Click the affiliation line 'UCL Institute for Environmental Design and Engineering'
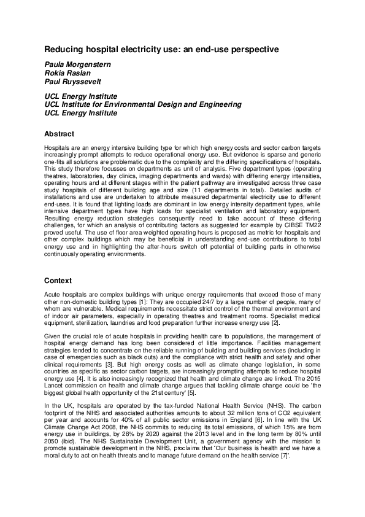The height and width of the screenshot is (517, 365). coord(143,105)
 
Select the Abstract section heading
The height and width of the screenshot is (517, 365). coord(60,134)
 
